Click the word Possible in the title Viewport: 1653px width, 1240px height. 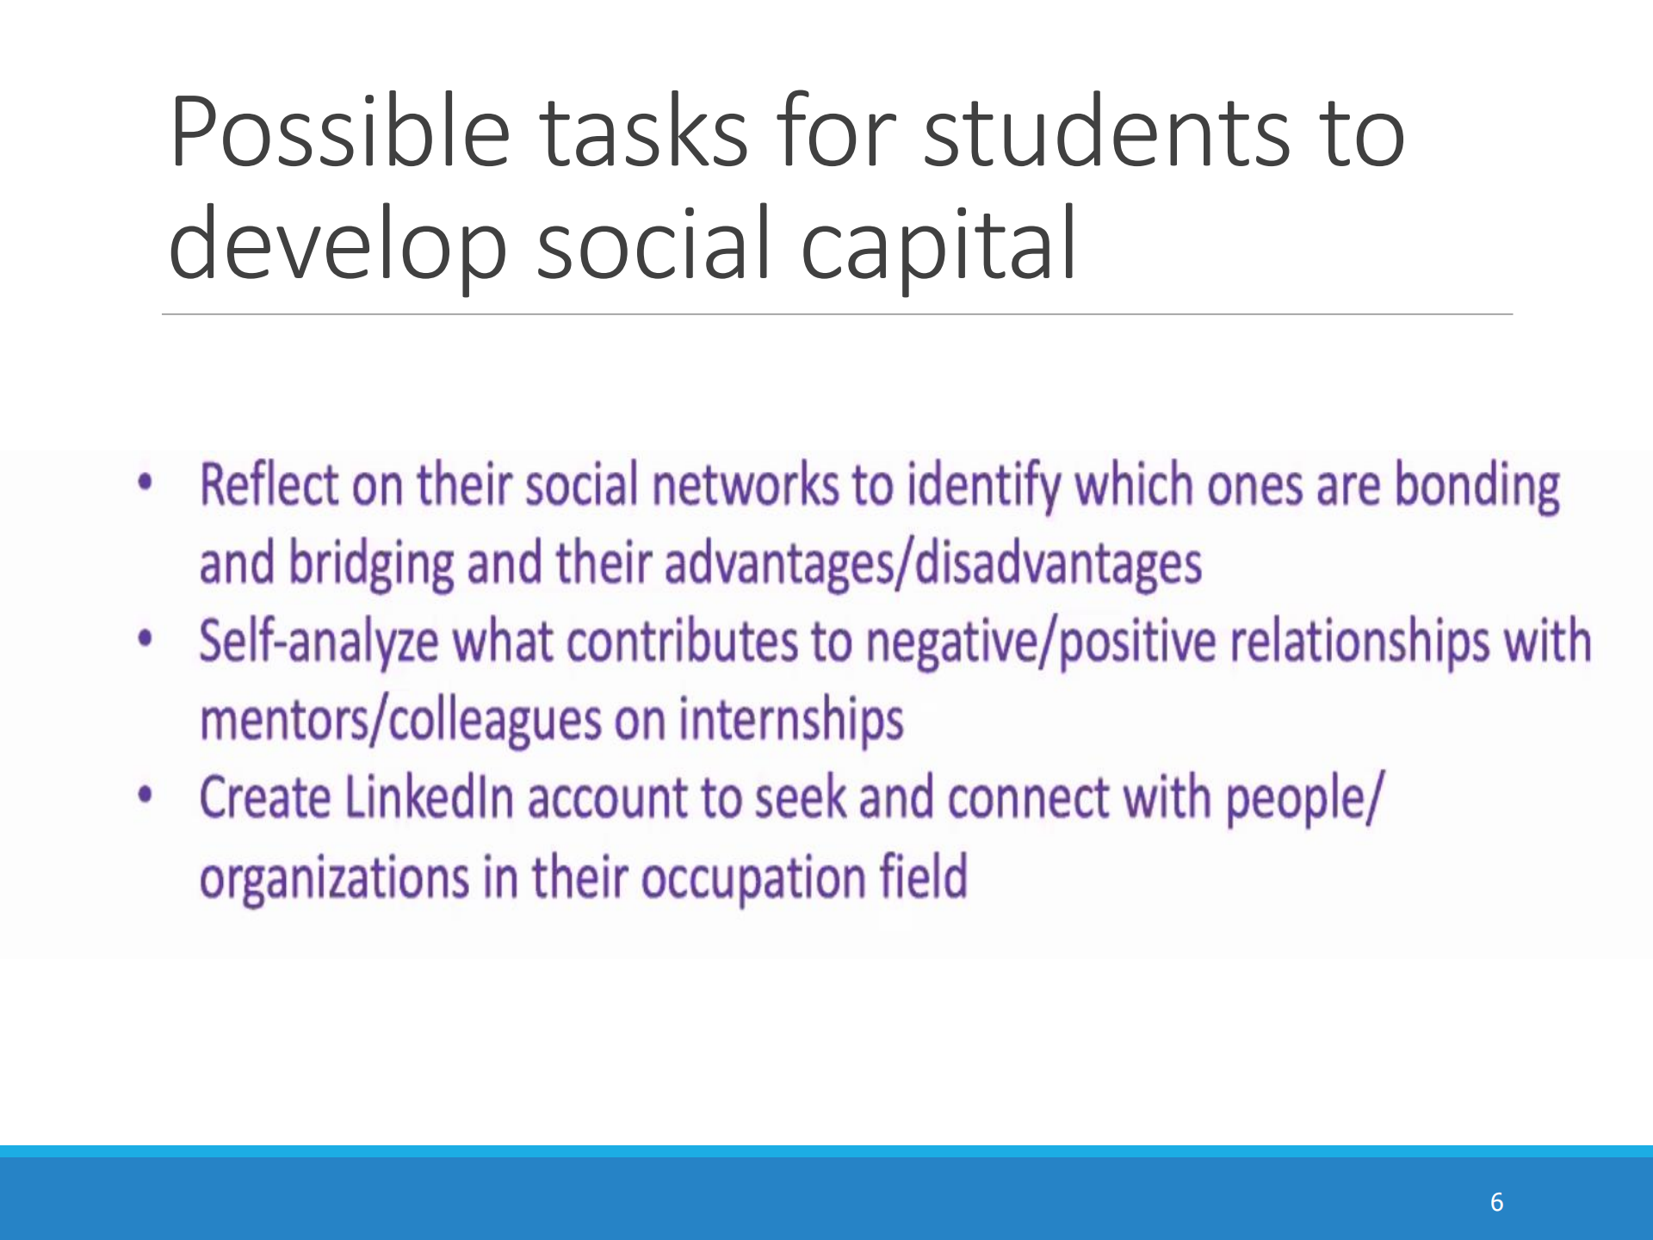tap(341, 131)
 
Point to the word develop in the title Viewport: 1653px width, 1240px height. tap(338, 245)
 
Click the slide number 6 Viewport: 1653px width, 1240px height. tap(1497, 1202)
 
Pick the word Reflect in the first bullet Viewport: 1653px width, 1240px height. tap(269, 484)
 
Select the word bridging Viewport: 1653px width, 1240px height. tap(371, 565)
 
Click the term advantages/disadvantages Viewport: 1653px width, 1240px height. tap(933, 564)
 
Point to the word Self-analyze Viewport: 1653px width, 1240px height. tap(319, 642)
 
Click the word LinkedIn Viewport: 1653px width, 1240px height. tap(430, 797)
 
